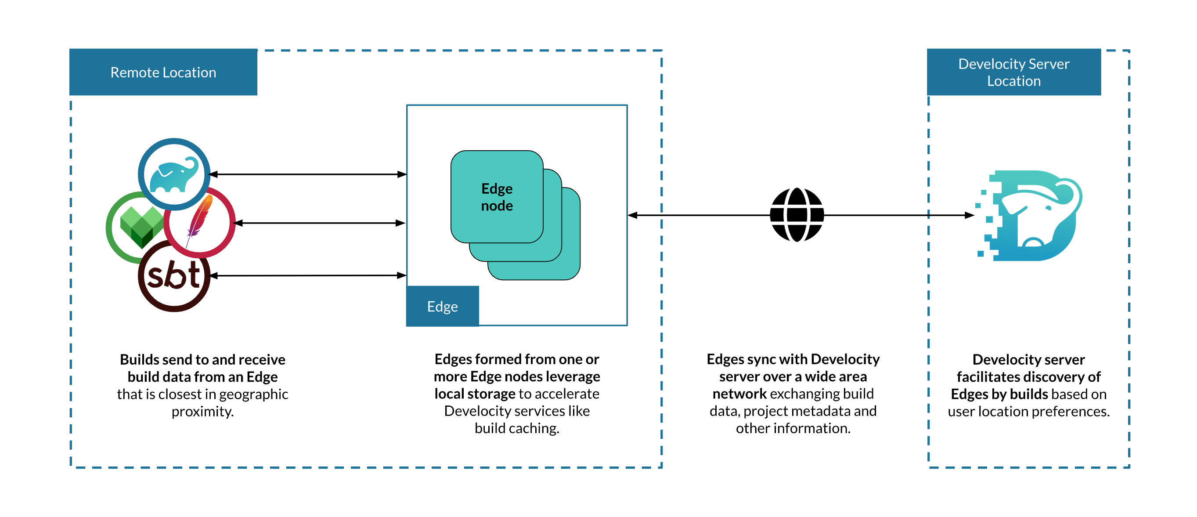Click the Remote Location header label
pyautogui.click(x=163, y=72)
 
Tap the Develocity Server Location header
pyautogui.click(x=1013, y=72)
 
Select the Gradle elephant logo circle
pyautogui.click(x=174, y=174)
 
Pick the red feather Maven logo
pyautogui.click(x=200, y=222)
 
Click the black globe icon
pyautogui.click(x=797, y=215)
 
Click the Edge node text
pyautogui.click(x=497, y=197)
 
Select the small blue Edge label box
pyautogui.click(x=442, y=307)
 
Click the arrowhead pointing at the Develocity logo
pyautogui.click(x=969, y=215)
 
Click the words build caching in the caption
pyautogui.click(x=516, y=428)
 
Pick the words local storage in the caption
pyautogui.click(x=474, y=394)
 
